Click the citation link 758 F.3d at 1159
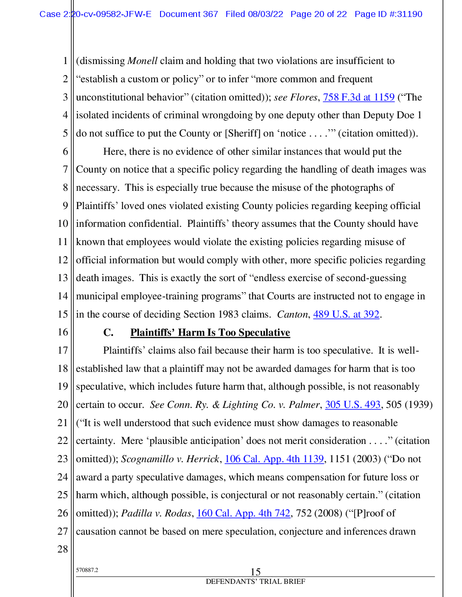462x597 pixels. click(x=358, y=97)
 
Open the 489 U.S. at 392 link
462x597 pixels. click(x=346, y=314)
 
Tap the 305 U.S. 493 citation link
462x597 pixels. click(x=352, y=405)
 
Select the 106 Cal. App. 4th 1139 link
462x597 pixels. click(x=274, y=459)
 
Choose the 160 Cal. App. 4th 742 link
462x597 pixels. click(x=243, y=513)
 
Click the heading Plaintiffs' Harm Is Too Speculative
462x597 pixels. click(x=210, y=332)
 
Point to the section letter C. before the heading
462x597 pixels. click(x=108, y=332)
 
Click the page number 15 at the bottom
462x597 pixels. click(x=255, y=572)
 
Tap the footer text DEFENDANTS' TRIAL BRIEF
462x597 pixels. click(x=255, y=582)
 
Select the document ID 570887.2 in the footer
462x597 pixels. click(x=87, y=570)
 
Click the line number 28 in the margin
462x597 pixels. click(x=62, y=549)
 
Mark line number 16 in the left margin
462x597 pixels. click(x=62, y=332)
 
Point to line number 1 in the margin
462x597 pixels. click(x=65, y=61)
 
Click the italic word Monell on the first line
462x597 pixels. click(x=142, y=61)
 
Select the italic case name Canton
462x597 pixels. click(x=292, y=314)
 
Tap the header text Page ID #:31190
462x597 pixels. click(x=388, y=14)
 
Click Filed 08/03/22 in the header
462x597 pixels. click(x=254, y=14)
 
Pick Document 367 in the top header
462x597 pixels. click(x=189, y=14)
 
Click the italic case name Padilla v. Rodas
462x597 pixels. click(x=156, y=513)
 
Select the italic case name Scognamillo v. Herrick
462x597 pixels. click(x=170, y=459)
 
